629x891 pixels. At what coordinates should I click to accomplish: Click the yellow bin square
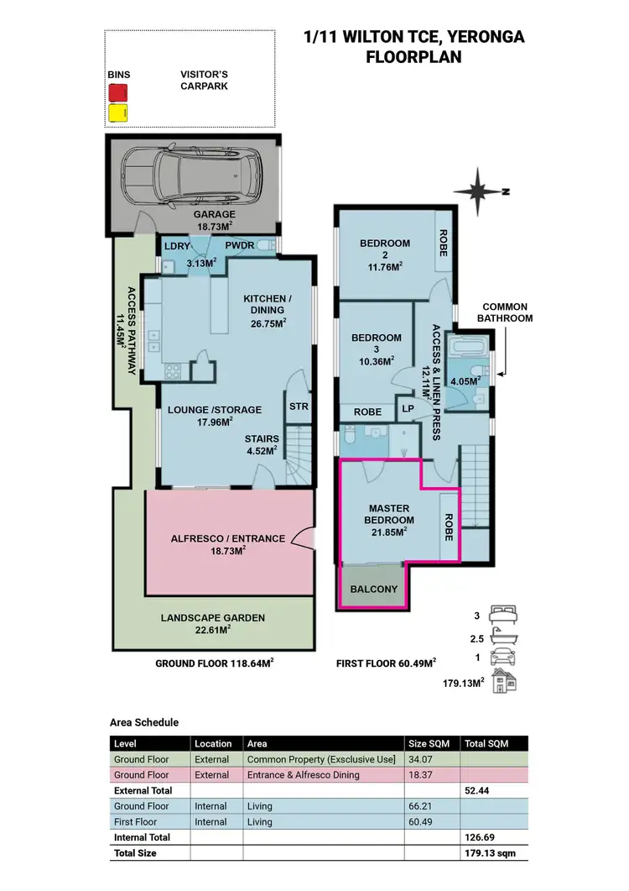pos(117,113)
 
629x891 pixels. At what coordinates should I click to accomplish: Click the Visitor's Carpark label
pos(205,80)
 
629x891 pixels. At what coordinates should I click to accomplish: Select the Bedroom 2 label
pos(385,249)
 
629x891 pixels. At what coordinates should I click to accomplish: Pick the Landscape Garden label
pos(212,623)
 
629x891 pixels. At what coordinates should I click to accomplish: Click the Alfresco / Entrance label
pos(227,544)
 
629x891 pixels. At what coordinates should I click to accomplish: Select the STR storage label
pos(299,407)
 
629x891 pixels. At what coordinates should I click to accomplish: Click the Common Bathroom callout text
pos(505,312)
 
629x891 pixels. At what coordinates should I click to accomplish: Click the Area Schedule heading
pos(144,722)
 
